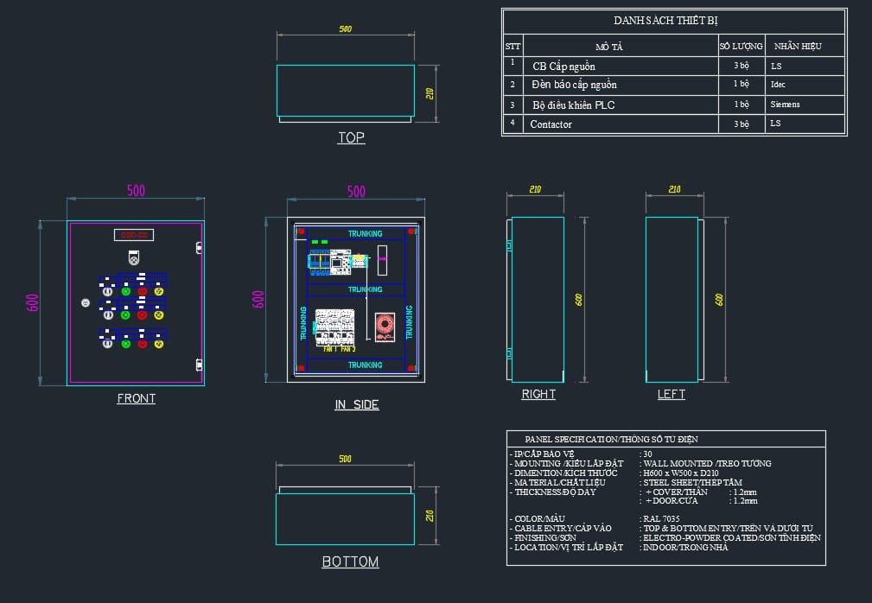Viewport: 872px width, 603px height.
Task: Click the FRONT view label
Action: click(x=137, y=398)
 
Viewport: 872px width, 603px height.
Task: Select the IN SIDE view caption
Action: click(x=356, y=404)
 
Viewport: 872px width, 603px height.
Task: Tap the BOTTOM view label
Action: click(x=350, y=562)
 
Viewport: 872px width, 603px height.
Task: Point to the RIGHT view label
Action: click(x=538, y=394)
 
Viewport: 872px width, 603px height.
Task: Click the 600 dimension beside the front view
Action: click(x=33, y=302)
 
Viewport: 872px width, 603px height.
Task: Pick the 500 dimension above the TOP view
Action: click(x=346, y=29)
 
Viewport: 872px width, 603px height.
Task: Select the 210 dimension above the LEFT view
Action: click(x=673, y=189)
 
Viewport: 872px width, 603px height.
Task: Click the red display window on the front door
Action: click(x=134, y=234)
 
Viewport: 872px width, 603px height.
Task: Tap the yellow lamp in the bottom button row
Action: click(x=159, y=344)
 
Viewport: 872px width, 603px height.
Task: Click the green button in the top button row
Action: click(x=125, y=291)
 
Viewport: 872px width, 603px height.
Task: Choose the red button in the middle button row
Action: click(x=142, y=315)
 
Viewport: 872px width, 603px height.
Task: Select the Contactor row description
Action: click(x=551, y=124)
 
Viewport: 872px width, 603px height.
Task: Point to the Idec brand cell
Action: click(x=778, y=85)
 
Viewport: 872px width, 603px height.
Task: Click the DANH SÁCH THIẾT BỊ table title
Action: click(x=665, y=20)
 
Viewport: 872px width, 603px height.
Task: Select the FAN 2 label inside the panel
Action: click(x=347, y=349)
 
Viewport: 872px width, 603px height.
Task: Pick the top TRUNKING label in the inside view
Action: click(x=365, y=234)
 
